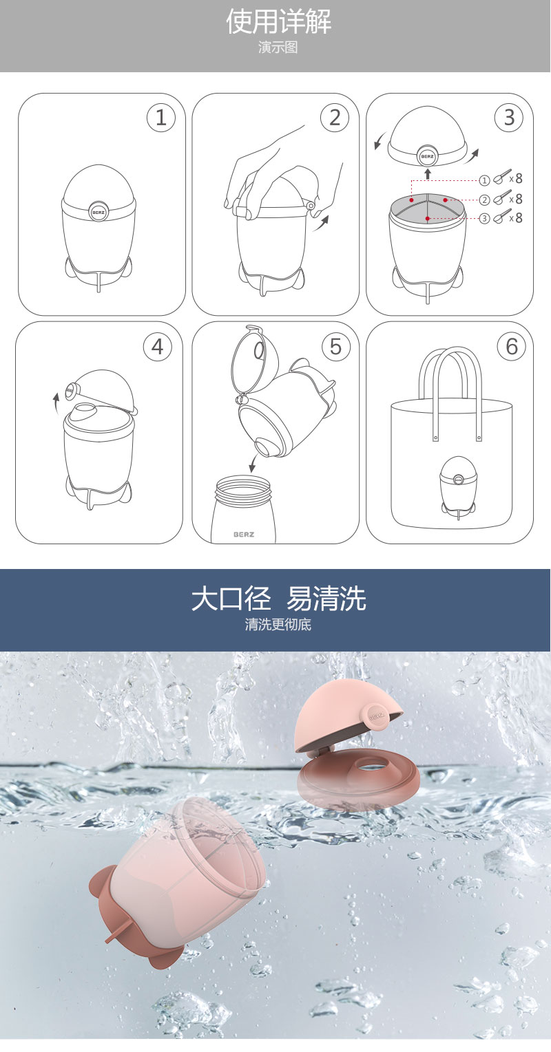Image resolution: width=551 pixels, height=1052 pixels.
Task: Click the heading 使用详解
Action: coord(278,21)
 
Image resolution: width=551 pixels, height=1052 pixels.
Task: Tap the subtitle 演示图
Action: coord(278,47)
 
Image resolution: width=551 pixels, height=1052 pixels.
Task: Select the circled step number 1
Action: coord(160,118)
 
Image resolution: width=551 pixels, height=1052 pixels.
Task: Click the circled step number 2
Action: coord(335,118)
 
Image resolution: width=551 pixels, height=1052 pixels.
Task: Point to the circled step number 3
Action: coord(509,118)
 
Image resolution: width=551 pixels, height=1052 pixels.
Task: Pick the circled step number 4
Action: coord(158,347)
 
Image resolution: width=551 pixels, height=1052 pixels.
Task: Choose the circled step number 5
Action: coord(335,347)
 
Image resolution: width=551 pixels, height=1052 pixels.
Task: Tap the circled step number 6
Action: coord(512,347)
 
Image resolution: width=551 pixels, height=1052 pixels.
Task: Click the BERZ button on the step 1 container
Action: coord(98,212)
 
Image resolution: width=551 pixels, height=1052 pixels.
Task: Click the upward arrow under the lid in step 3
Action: coord(428,173)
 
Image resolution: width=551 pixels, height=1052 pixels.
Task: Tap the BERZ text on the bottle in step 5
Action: coord(244,535)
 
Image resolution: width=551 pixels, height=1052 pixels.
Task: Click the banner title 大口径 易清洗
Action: coord(278,599)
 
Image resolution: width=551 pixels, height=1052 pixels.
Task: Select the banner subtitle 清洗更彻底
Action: coord(278,624)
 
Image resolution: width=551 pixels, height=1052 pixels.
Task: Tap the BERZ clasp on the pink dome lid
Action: coord(376,717)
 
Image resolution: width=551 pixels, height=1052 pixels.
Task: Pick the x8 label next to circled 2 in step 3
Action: coord(516,199)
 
